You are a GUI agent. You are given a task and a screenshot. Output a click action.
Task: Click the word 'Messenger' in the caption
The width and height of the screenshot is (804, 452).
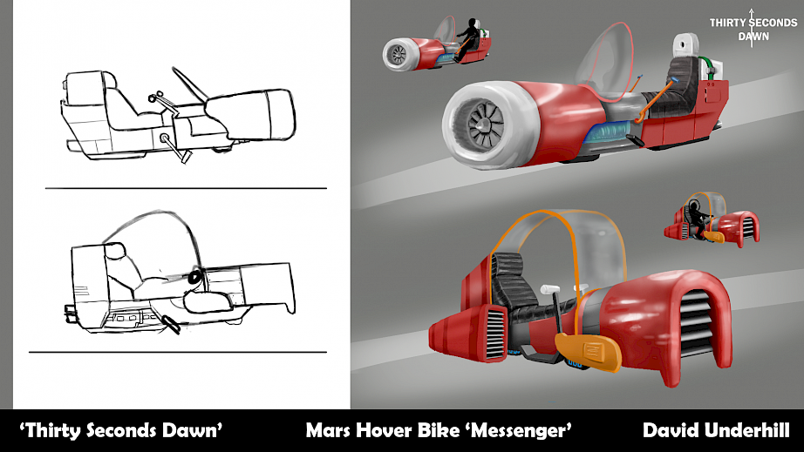[x=521, y=430]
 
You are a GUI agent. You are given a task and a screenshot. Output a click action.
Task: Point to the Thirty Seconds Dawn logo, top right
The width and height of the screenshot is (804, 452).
[x=753, y=29]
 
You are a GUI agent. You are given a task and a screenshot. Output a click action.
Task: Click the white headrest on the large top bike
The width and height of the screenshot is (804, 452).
[x=686, y=45]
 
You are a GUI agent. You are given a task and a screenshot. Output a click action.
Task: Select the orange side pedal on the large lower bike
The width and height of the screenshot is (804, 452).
[x=588, y=352]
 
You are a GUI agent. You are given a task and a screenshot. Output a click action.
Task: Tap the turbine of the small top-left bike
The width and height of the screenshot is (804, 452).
[x=399, y=54]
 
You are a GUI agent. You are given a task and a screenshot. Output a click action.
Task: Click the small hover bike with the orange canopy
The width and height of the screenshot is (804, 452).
[x=712, y=220]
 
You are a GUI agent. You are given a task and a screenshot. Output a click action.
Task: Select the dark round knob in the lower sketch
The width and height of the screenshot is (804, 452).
[x=195, y=277]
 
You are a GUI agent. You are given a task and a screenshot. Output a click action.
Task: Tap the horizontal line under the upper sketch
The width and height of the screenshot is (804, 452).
[x=186, y=188]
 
